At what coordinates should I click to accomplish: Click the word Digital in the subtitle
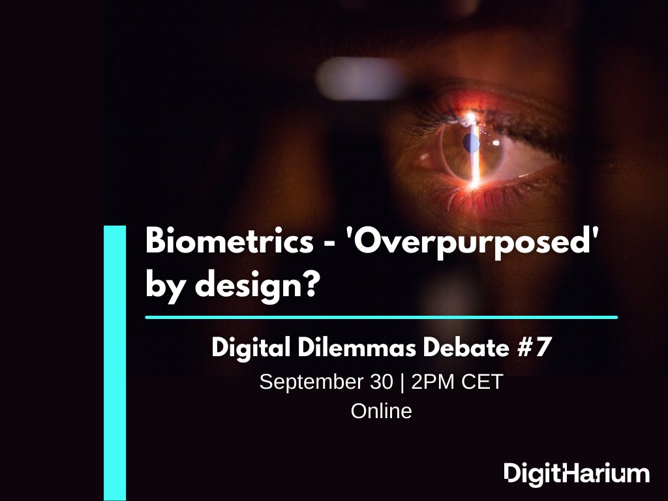pos(252,348)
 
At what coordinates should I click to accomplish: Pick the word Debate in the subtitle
pos(464,348)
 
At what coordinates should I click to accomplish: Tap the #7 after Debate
pos(532,348)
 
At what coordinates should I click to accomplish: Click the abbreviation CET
pos(483,382)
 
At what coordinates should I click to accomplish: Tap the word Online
pos(382,412)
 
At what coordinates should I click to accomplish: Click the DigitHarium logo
pos(577,473)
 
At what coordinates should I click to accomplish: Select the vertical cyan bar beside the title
pos(115,363)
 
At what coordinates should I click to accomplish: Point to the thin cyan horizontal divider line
pos(381,318)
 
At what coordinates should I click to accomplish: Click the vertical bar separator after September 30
pos(402,382)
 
